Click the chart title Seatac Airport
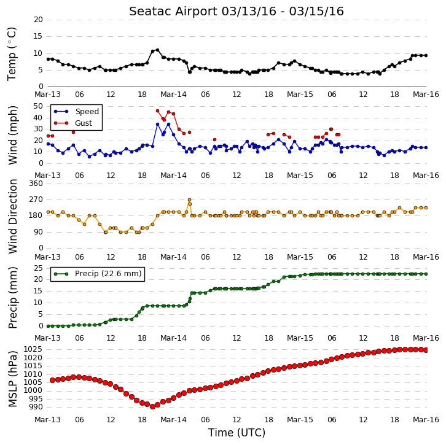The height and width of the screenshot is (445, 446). coord(173,12)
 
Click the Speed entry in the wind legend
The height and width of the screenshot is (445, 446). coord(76,111)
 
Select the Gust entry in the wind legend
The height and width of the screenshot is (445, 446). coord(73,123)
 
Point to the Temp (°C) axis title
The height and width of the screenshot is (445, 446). coord(12,54)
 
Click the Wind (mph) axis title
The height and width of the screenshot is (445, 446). coord(12,135)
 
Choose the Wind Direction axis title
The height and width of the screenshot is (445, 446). coord(12,216)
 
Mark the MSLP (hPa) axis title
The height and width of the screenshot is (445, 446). coord(12,379)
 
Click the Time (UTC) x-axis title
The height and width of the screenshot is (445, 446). coord(237,433)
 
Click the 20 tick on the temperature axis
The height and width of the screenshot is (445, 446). coord(39,20)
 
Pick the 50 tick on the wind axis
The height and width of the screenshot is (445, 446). coord(39,106)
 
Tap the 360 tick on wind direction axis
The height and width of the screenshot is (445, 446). coord(36,184)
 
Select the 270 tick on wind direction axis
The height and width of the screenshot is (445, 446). coord(36,199)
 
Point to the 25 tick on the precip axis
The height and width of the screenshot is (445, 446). coord(39,268)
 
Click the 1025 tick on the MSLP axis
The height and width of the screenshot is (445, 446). coord(33,349)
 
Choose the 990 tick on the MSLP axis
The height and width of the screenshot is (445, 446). coord(36,407)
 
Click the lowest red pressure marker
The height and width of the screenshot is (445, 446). coord(152,406)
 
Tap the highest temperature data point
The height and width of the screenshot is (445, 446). coord(158,50)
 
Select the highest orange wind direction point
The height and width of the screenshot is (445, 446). coord(189,199)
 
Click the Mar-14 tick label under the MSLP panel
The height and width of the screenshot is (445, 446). coord(173,420)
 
